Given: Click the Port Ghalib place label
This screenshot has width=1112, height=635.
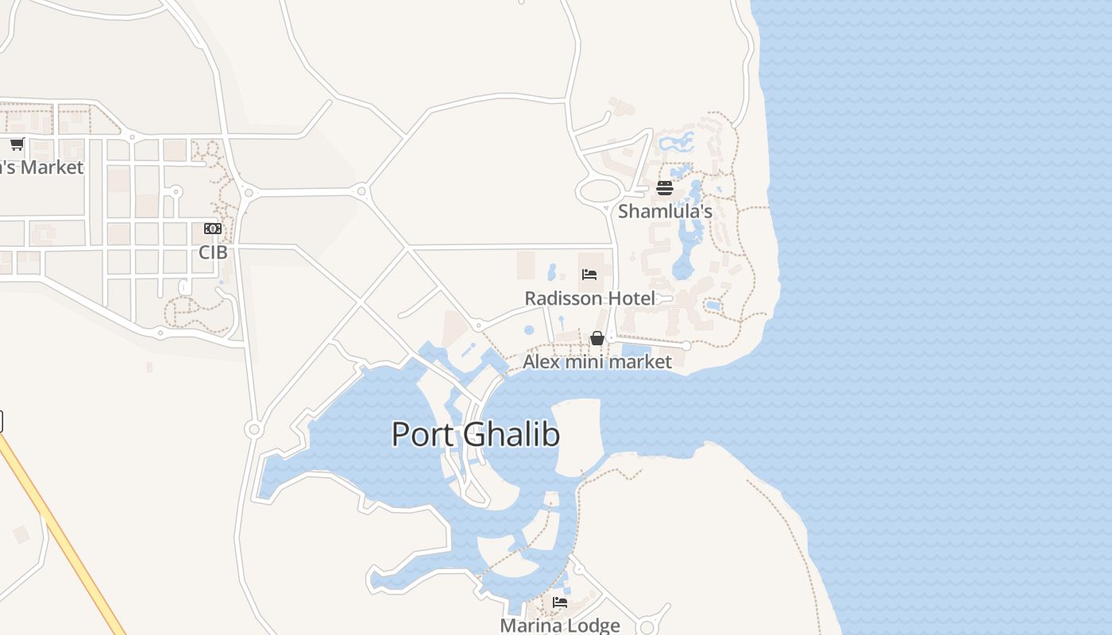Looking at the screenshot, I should coord(475,434).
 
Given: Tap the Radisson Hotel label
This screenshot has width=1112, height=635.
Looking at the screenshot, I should coord(589,298).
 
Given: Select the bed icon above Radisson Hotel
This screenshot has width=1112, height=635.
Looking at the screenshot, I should coord(589,275).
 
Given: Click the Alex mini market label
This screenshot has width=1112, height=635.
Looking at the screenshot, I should coord(597,362).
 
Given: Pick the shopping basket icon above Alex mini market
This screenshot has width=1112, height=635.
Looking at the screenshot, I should coord(597,339).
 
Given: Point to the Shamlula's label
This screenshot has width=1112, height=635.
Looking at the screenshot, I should coord(665,212).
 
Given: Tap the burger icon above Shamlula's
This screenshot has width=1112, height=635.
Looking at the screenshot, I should coord(665,188).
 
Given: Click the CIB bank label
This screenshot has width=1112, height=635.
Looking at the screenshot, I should coord(213,252).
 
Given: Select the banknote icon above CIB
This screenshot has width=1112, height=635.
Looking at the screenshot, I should coord(213,229).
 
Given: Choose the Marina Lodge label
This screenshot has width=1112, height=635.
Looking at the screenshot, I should coord(559,625).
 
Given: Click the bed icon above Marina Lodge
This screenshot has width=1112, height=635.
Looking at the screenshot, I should coord(560,602).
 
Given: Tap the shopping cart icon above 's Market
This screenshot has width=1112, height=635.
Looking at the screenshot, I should coord(17,144).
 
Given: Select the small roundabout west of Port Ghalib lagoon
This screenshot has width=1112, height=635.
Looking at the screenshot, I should coord(253,429).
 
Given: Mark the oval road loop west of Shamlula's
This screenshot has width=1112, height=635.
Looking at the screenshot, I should coord(601,191).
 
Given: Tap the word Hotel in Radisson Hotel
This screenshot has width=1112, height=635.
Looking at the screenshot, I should coord(631,298).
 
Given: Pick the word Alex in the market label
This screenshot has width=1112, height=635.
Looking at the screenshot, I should coord(540,362).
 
